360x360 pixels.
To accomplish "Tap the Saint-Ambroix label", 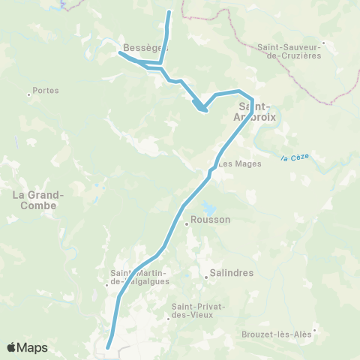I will (259, 112).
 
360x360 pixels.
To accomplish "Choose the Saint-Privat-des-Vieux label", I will (193, 310).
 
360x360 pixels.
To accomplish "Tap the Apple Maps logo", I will (27, 346).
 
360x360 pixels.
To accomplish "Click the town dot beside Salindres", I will (205, 277).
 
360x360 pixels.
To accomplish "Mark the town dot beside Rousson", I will (187, 223).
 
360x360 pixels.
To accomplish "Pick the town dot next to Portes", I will (28, 94).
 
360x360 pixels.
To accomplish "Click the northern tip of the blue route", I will (169, 12).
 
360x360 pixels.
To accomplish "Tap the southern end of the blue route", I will (108, 347).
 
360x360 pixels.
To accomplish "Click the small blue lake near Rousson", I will (207, 208).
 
